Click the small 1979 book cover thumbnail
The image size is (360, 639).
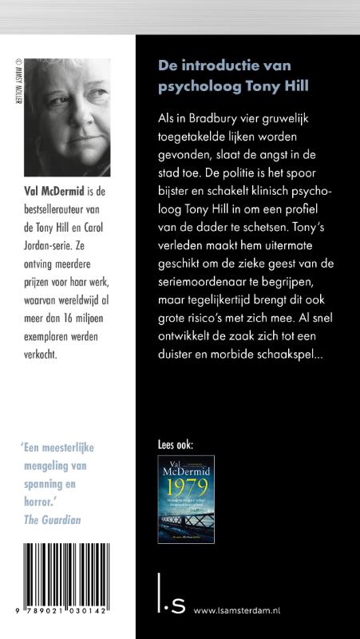[x=186, y=499]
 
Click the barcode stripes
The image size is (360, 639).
[x=67, y=579]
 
